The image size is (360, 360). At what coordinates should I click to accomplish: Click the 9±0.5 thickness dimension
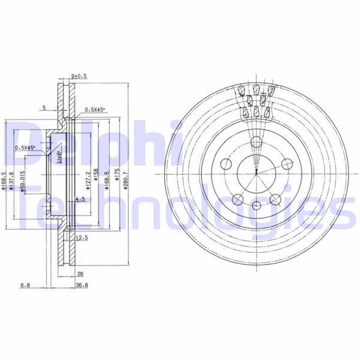coord(79,76)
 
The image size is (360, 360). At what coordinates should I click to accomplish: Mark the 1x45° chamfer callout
coord(59,157)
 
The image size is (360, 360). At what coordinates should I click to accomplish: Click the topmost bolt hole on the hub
coord(256,143)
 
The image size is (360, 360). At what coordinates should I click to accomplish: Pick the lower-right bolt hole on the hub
coord(275,200)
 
